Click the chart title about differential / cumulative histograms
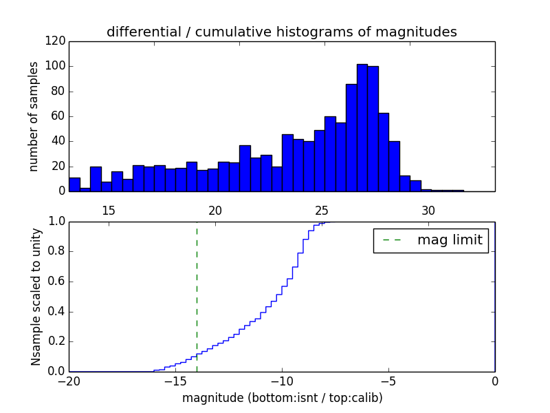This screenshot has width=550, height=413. click(x=281, y=32)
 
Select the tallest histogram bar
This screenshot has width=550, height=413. click(x=362, y=127)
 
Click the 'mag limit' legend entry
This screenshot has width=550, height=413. click(x=431, y=240)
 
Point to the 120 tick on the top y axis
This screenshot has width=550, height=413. click(x=57, y=41)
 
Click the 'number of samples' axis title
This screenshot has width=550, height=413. click(x=34, y=116)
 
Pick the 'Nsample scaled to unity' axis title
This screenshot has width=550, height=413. click(x=36, y=297)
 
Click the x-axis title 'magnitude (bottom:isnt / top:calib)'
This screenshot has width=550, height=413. click(x=282, y=398)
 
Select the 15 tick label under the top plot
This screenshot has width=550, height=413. click(x=109, y=211)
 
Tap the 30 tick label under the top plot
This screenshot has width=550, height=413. click(x=428, y=211)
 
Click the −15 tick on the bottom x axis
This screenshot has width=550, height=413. click(x=175, y=381)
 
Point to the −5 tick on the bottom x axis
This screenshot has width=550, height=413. click(x=388, y=381)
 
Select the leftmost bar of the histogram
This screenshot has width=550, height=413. click(x=74, y=184)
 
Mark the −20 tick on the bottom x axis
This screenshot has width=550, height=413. click(x=69, y=381)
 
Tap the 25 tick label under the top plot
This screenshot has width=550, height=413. click(x=322, y=211)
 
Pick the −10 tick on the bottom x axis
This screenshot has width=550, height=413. click(x=281, y=381)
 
